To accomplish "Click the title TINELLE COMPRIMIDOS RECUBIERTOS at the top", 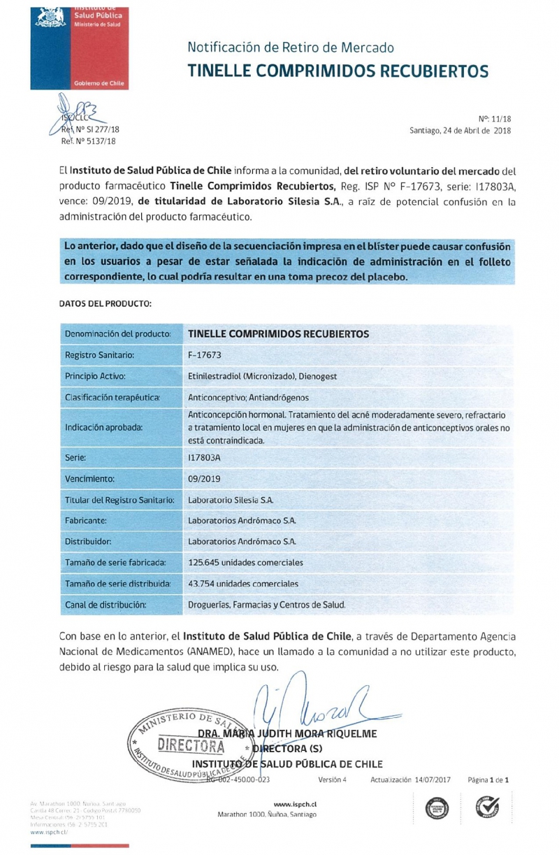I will (337, 71).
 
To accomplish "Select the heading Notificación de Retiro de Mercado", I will (291, 48).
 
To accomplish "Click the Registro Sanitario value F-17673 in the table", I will (205, 354).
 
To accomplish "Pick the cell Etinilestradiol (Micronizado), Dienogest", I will (263, 376).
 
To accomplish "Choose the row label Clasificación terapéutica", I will (112, 397).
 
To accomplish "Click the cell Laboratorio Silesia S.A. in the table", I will (231, 500).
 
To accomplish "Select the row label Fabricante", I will (86, 521).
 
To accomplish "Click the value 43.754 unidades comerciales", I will (243, 583).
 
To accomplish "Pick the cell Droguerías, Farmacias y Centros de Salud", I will (267, 604).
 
